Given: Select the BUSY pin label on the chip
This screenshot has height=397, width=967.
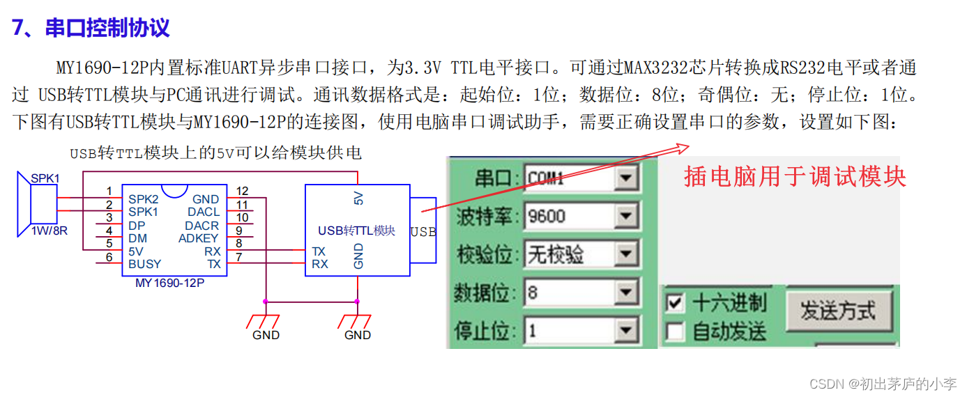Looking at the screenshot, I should (x=144, y=264).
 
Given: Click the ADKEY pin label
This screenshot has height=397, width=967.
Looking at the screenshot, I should (x=199, y=238).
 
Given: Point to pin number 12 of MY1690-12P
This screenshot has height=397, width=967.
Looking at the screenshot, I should (x=242, y=191).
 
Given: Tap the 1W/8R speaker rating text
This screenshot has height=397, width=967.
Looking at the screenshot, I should (x=50, y=231).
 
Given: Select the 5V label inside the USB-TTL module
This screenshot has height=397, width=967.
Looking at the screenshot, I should (x=358, y=198).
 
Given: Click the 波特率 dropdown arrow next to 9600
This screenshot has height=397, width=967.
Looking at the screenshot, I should (x=626, y=217).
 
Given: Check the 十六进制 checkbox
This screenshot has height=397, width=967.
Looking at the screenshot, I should (x=675, y=303).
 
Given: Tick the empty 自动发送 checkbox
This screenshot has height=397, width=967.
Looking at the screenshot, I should (x=675, y=332).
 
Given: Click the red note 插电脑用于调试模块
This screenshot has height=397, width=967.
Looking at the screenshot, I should (x=795, y=176).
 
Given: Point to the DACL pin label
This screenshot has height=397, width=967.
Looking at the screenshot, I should (x=203, y=212).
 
